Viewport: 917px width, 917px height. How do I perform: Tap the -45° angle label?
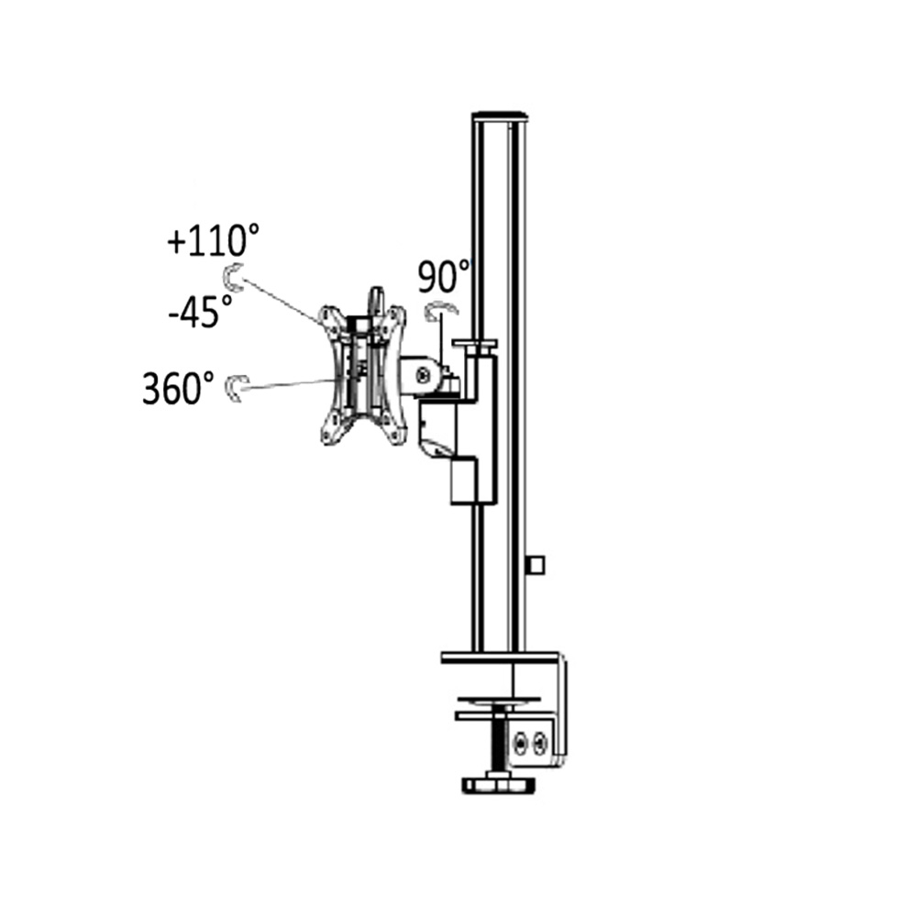pos(200,311)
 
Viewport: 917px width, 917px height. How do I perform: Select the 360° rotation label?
pos(178,388)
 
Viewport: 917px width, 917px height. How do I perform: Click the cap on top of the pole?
pos(500,116)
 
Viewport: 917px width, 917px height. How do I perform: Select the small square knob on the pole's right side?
pos(536,565)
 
